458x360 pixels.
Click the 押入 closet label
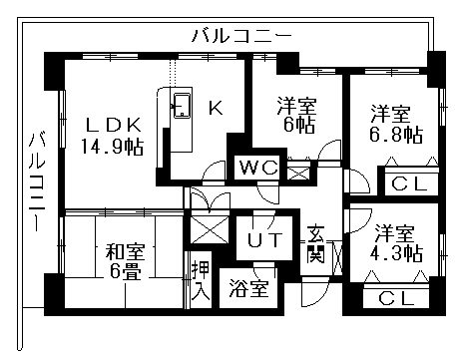[198, 283]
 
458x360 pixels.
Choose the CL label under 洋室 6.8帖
[404, 183]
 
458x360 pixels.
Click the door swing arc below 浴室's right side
[311, 294]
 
